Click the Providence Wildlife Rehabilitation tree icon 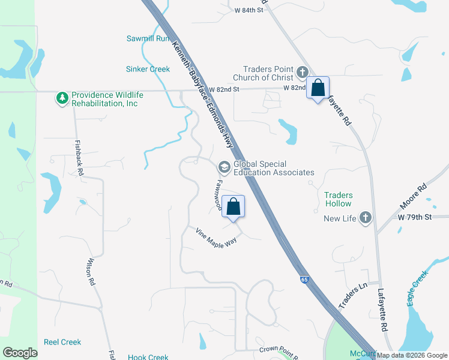tap(62, 97)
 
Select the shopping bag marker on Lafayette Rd tap(318, 88)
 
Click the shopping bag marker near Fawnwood tap(234, 206)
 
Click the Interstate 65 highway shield tap(304, 279)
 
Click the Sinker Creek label tap(148, 69)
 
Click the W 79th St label tap(415, 216)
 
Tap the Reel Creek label tap(62, 342)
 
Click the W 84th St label tap(249, 10)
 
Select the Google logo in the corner tap(20, 353)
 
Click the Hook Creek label tap(148, 357)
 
